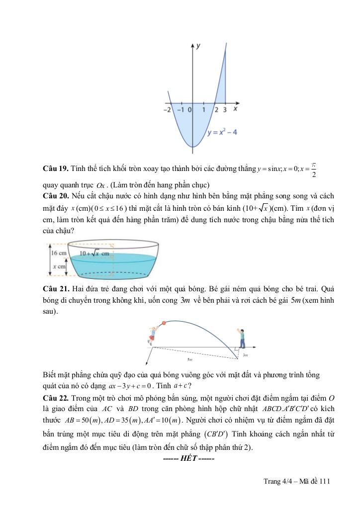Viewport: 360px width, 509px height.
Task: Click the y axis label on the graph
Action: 198,46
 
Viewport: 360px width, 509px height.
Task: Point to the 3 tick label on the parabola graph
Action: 225,109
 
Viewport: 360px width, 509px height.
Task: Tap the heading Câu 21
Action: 55,288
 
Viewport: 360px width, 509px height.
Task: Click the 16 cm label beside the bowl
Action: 59,253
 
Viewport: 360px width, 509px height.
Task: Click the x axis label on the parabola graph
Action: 235,108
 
